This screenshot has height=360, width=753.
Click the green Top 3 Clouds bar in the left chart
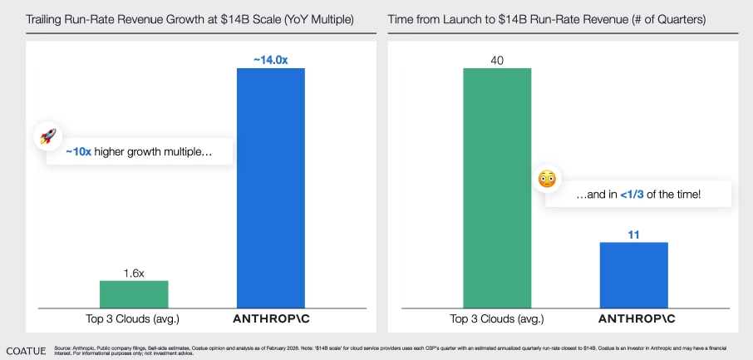pos(134,293)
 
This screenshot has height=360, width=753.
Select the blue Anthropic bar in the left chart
pos(271,187)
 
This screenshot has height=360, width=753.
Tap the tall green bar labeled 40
pos(497,187)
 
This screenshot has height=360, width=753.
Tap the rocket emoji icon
pos(47,136)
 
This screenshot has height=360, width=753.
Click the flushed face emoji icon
pos(547,179)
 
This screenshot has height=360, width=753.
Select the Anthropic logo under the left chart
pos(271,318)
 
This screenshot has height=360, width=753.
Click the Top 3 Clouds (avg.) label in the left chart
pos(134,318)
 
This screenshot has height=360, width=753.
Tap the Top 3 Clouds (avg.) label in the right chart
pos(497,318)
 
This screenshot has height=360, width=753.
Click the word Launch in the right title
pos(470,18)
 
